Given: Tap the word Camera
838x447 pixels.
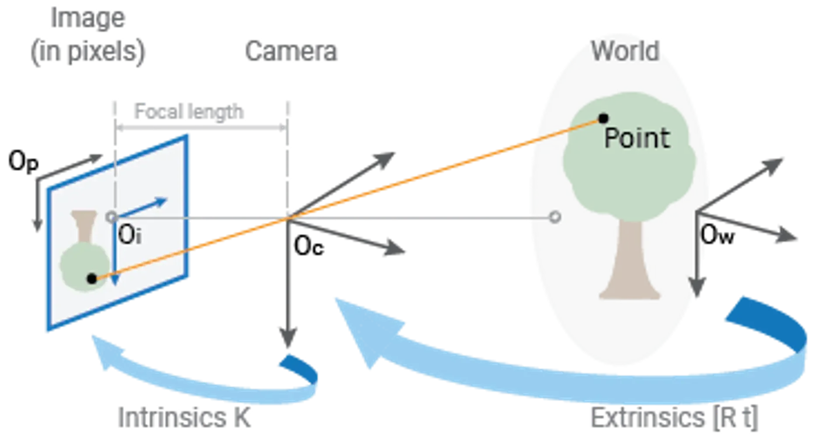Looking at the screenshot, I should [x=291, y=51].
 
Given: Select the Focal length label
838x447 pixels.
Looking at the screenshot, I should [x=189, y=113].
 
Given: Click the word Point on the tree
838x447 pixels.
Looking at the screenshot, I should [x=637, y=138].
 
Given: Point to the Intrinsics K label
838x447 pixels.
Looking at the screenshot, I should [x=185, y=417].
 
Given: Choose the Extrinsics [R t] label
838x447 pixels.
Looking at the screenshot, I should [x=674, y=418].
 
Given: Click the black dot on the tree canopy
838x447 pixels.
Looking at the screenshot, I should [x=604, y=118].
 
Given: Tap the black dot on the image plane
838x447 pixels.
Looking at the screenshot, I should [x=92, y=279].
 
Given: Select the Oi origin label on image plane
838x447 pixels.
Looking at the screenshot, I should [x=129, y=236].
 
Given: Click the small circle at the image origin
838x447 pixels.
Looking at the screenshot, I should [x=112, y=217].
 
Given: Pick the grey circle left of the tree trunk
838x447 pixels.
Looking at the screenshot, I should [x=555, y=217].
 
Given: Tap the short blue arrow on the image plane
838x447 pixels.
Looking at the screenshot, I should [x=144, y=207].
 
